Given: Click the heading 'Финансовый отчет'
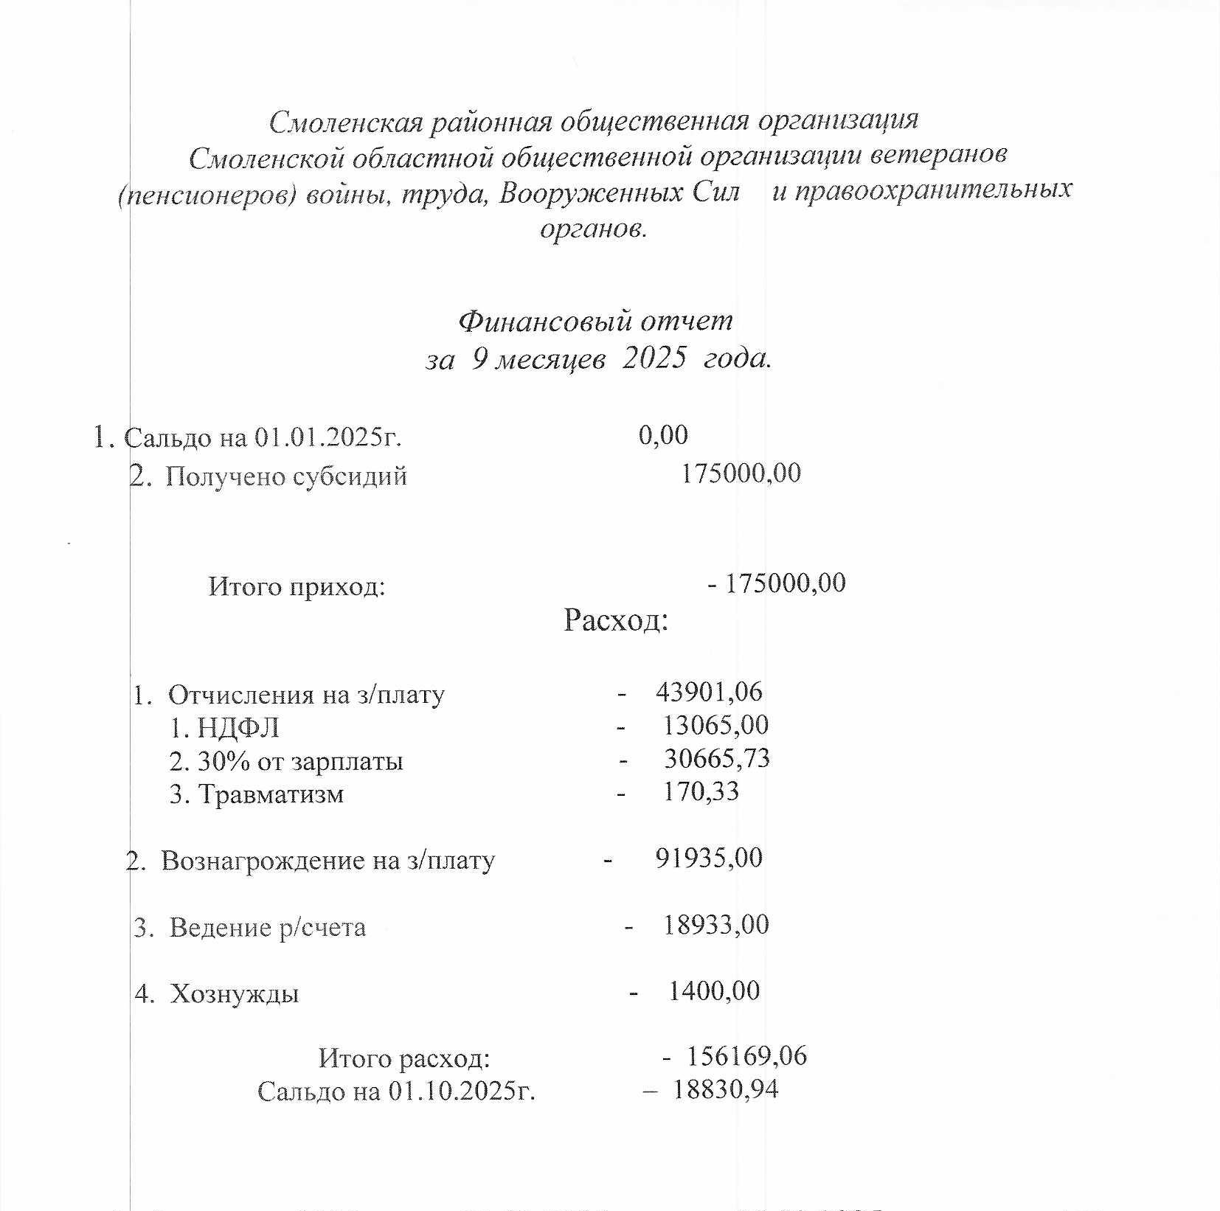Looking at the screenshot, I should (x=595, y=322).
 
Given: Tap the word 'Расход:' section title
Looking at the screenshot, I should (x=616, y=620).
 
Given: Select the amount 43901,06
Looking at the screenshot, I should (x=709, y=692).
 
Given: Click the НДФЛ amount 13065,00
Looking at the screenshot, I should (x=715, y=725).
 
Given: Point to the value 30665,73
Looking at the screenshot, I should (x=716, y=758).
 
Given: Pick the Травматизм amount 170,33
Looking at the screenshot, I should (x=701, y=791).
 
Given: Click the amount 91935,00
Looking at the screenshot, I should (x=709, y=858).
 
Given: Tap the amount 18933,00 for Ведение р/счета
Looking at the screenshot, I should (x=715, y=924).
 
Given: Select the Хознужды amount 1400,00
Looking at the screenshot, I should (x=713, y=990).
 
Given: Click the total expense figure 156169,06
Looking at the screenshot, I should (x=746, y=1056).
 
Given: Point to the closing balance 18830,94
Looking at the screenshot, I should (x=725, y=1089).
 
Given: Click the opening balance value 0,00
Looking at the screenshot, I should (x=663, y=435).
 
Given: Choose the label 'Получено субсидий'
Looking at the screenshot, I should (x=286, y=476).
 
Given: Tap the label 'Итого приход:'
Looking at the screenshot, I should (x=297, y=587).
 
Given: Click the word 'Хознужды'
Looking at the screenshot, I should (x=235, y=994).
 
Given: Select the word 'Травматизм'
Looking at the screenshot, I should (x=271, y=794).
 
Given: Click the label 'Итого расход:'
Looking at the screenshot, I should (x=404, y=1059).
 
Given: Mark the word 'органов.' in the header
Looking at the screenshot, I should (x=593, y=229).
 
